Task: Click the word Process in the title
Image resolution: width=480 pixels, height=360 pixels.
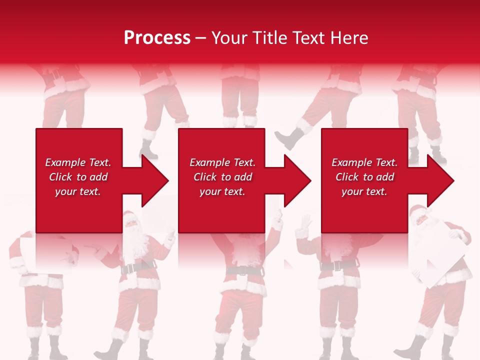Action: coord(157,38)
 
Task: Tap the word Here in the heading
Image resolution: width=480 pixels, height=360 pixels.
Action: coord(348,38)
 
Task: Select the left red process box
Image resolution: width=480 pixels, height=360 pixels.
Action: coord(79,210)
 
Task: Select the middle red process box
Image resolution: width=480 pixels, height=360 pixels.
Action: coord(221,210)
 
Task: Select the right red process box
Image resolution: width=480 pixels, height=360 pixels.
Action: coord(364,210)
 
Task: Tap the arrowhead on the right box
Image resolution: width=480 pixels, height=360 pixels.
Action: coord(439,180)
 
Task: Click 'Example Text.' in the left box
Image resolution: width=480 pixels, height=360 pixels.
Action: coord(78,162)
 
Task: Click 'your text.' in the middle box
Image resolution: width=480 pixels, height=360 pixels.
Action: coord(222,191)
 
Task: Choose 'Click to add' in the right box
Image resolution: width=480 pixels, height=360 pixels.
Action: coord(364,177)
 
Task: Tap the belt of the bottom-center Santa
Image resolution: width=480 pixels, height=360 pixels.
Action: coord(243,270)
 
